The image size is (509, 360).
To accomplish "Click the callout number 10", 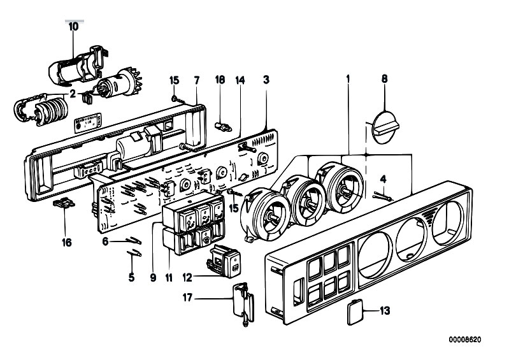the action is (74, 27).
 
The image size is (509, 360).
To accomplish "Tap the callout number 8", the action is (384, 79).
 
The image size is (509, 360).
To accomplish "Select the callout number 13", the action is (385, 311).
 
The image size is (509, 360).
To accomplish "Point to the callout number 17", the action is (187, 298).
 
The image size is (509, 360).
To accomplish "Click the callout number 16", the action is (66, 243).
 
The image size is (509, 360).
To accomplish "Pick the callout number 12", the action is (187, 278).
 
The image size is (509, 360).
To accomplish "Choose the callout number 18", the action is (220, 80).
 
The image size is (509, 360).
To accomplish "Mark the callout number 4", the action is (384, 179).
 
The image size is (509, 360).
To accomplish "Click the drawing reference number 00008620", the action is (465, 340).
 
